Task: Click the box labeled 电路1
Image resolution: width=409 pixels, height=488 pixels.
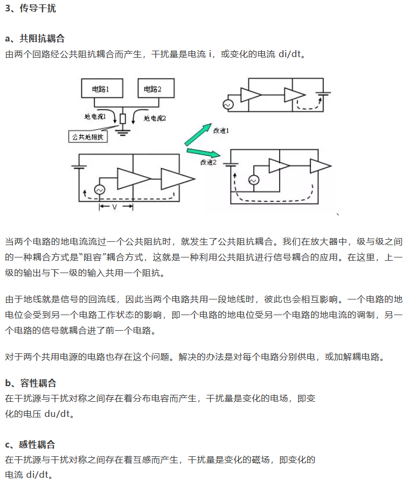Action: [101, 88]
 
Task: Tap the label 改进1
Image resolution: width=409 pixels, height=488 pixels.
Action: [221, 131]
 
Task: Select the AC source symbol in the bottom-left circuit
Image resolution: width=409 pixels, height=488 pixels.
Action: [99, 190]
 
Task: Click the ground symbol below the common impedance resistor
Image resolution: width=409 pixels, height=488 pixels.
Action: [123, 131]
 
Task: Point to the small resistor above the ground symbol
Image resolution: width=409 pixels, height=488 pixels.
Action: [123, 118]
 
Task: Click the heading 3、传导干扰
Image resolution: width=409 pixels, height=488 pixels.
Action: [30, 9]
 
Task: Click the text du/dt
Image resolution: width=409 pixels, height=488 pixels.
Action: [60, 414]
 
